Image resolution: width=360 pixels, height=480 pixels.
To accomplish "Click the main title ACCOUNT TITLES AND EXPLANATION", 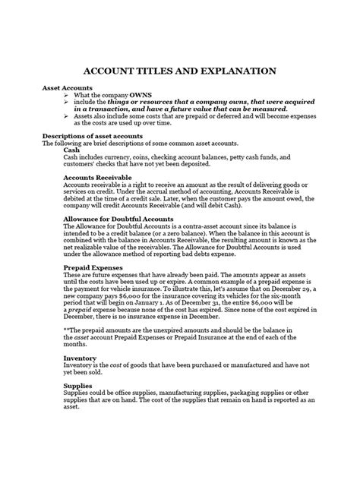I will [x=179, y=70].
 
